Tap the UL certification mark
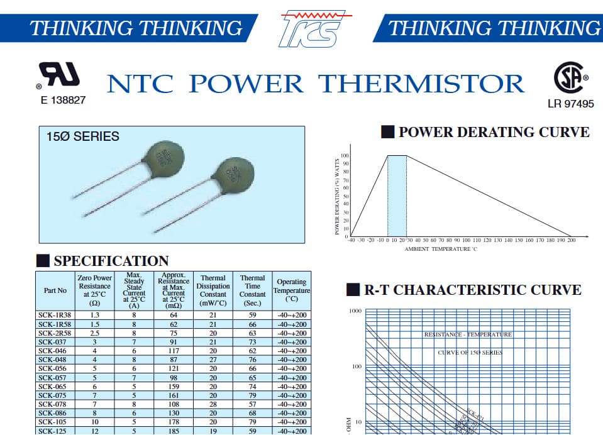click(60, 75)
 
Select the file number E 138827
click(63, 99)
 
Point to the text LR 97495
click(570, 104)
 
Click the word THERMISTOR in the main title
click(421, 84)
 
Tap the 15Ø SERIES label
click(82, 136)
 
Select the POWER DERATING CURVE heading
click(494, 132)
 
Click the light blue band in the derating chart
click(397, 195)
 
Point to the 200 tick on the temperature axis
click(570, 240)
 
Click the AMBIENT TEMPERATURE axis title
click(441, 249)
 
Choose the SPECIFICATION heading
click(111, 261)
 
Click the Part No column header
click(55, 290)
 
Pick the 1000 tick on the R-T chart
click(355, 311)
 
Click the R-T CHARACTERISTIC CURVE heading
click(472, 290)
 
